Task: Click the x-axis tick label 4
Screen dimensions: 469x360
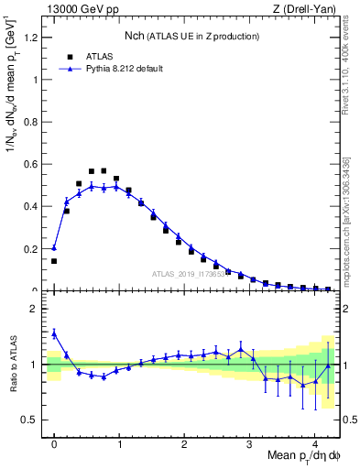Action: coord(315,446)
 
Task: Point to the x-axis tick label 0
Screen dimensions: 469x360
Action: coord(54,446)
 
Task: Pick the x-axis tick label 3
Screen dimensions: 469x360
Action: coord(250,446)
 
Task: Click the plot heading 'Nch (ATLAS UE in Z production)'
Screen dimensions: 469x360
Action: coord(191,36)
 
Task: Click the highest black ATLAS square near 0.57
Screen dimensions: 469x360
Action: coord(104,170)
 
